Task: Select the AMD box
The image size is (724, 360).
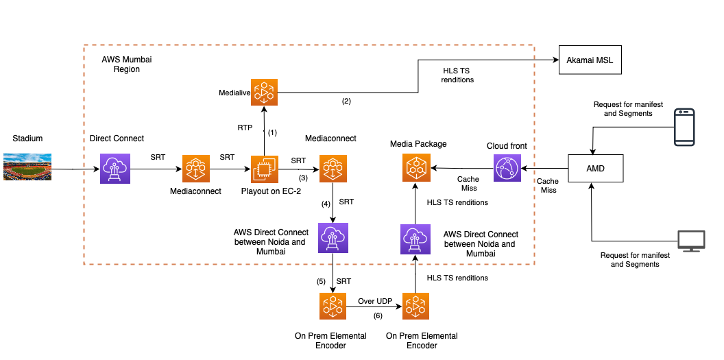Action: point(596,168)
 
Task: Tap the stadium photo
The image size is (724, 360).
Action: point(27,167)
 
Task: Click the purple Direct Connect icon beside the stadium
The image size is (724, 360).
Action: point(114,168)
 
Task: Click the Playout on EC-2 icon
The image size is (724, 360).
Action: point(264,169)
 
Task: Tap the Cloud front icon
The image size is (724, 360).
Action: point(507,168)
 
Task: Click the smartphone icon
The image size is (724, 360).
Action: point(684,127)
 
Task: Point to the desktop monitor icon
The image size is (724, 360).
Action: point(690,240)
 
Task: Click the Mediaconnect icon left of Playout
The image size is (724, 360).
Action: point(195,169)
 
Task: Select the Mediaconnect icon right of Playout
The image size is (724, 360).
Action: point(333,169)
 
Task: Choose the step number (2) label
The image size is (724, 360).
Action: point(346,101)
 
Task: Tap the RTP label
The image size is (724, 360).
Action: point(245,128)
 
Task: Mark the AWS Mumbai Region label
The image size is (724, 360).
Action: point(126,64)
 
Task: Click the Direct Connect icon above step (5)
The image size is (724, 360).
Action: point(333,237)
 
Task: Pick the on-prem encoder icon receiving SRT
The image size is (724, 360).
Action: point(333,307)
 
